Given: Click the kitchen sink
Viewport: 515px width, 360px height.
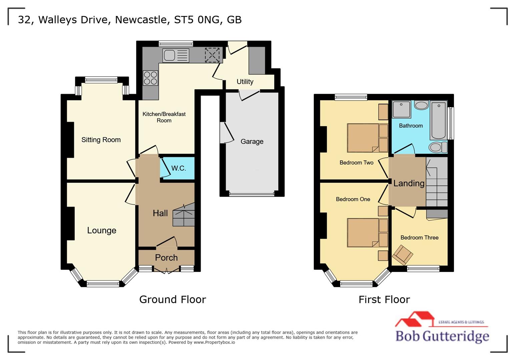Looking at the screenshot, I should click(175, 55).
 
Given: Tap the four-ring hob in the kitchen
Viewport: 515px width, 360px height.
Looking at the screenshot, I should click(150, 78).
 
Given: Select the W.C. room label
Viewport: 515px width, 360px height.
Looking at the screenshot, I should click(178, 168).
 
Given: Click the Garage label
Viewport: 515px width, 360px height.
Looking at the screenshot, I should click(252, 142).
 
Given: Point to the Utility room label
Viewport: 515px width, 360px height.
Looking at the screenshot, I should click(245, 82).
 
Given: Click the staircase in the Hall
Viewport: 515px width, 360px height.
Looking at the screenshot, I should click(184, 216).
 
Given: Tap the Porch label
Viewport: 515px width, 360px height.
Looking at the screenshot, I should click(166, 258).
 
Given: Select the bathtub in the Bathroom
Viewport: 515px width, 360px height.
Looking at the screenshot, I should click(438, 121).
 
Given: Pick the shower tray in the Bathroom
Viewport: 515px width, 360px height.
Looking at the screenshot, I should click(401, 109).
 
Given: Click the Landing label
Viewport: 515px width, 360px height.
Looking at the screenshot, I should click(409, 183).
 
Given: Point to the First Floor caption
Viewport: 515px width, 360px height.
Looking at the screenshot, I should click(384, 299).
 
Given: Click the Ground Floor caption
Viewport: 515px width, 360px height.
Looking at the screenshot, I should click(172, 299).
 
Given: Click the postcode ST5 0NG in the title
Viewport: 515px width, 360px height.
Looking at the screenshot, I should click(197, 20).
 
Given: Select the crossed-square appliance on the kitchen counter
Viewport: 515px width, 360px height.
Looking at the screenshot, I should click(212, 55).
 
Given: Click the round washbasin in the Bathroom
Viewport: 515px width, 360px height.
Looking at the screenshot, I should click(421, 106).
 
